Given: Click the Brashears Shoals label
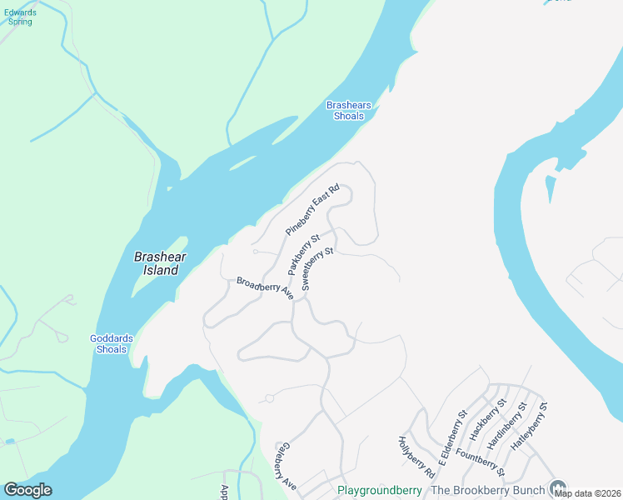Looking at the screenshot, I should click(x=348, y=111).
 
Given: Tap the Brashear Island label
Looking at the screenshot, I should click(x=157, y=263).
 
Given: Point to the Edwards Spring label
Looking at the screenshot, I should click(x=20, y=17).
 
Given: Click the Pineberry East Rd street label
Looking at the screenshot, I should click(x=313, y=209).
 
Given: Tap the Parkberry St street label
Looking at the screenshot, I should click(x=304, y=255).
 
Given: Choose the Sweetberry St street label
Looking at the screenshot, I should click(x=317, y=267).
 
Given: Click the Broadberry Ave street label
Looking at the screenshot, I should click(x=266, y=287).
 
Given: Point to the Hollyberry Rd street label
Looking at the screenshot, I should click(x=416, y=457).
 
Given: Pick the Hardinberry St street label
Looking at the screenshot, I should click(x=509, y=423).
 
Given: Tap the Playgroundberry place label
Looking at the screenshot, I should click(x=380, y=490).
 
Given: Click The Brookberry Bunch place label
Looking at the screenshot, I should click(x=487, y=490).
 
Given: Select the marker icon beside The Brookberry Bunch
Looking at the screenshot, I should click(x=559, y=488).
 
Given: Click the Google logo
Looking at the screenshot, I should click(x=27, y=490).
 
